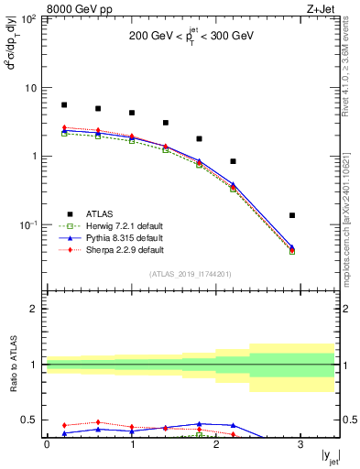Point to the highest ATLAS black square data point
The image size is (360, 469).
pyautogui.click(x=64, y=105)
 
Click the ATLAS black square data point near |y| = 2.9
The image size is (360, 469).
pyautogui.click(x=292, y=215)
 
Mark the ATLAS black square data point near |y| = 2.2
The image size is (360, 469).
pyautogui.click(x=234, y=161)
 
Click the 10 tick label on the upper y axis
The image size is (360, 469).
pyautogui.click(x=30, y=88)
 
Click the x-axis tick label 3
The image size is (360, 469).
pyautogui.click(x=301, y=444)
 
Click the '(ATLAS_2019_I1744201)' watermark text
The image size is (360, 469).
pyautogui.click(x=191, y=274)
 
